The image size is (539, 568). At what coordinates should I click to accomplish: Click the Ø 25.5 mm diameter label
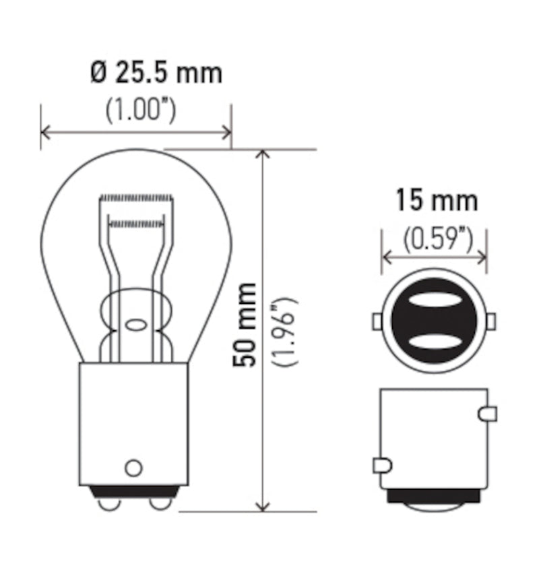pos(156,73)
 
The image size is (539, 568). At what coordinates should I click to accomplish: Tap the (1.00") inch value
pos(141,111)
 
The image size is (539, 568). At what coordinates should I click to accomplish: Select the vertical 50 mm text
pos(245,325)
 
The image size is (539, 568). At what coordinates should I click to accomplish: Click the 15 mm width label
pos(436,200)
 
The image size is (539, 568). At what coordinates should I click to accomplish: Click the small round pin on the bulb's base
pos(134,467)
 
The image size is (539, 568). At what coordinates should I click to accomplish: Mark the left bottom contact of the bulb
pos(108,502)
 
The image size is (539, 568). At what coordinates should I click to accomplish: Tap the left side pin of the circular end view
pos(377,321)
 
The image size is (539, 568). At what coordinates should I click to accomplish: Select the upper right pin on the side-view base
pos(488,414)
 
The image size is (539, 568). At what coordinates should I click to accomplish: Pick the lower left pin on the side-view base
pos(380,465)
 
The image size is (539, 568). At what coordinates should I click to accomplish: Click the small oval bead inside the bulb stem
pos(135,325)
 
